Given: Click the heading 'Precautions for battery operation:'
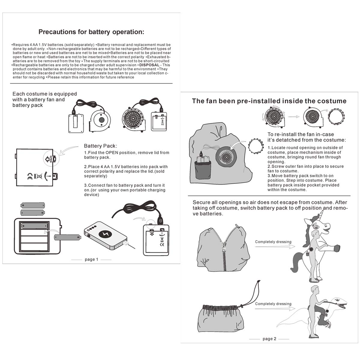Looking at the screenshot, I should click(x=91, y=32).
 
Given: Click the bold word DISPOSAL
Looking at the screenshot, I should click(x=149, y=65).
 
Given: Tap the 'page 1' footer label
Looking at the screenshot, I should click(x=91, y=259).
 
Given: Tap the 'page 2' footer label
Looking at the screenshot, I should click(x=269, y=339).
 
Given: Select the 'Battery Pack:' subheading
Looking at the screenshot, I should click(x=100, y=146).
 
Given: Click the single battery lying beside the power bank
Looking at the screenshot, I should click(x=67, y=238).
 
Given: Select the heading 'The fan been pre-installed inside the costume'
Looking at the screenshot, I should click(x=269, y=101).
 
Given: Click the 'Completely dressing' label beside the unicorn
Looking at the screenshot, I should click(x=273, y=242).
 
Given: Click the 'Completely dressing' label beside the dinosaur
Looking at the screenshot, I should click(x=273, y=304).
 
